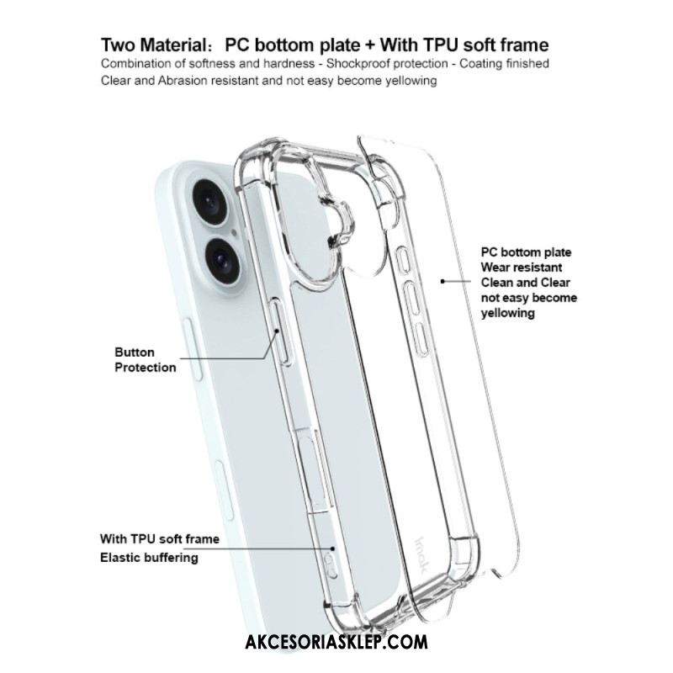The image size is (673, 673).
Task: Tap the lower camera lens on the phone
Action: pos(223,260)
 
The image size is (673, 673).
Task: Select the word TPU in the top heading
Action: pos(442,45)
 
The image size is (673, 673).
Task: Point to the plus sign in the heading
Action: pos(370,45)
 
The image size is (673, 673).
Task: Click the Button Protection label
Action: pos(145,360)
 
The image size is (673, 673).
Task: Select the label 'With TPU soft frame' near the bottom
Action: pos(160,538)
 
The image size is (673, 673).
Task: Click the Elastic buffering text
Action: pos(149,558)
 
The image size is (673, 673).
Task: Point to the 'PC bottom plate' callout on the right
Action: pos(526,252)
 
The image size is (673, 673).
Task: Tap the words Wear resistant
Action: pos(521,268)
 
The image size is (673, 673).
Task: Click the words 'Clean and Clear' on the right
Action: pos(525,283)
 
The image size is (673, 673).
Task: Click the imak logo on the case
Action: pos(421,555)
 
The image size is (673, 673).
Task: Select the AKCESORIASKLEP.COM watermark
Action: pos(336,642)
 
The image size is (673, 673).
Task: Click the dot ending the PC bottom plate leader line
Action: pos(442,282)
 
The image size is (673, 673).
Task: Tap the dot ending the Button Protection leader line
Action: pos(278,331)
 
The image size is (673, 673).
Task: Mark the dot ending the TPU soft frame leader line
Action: pos(332,548)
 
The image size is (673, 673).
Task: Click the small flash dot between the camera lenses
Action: pos(234,233)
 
